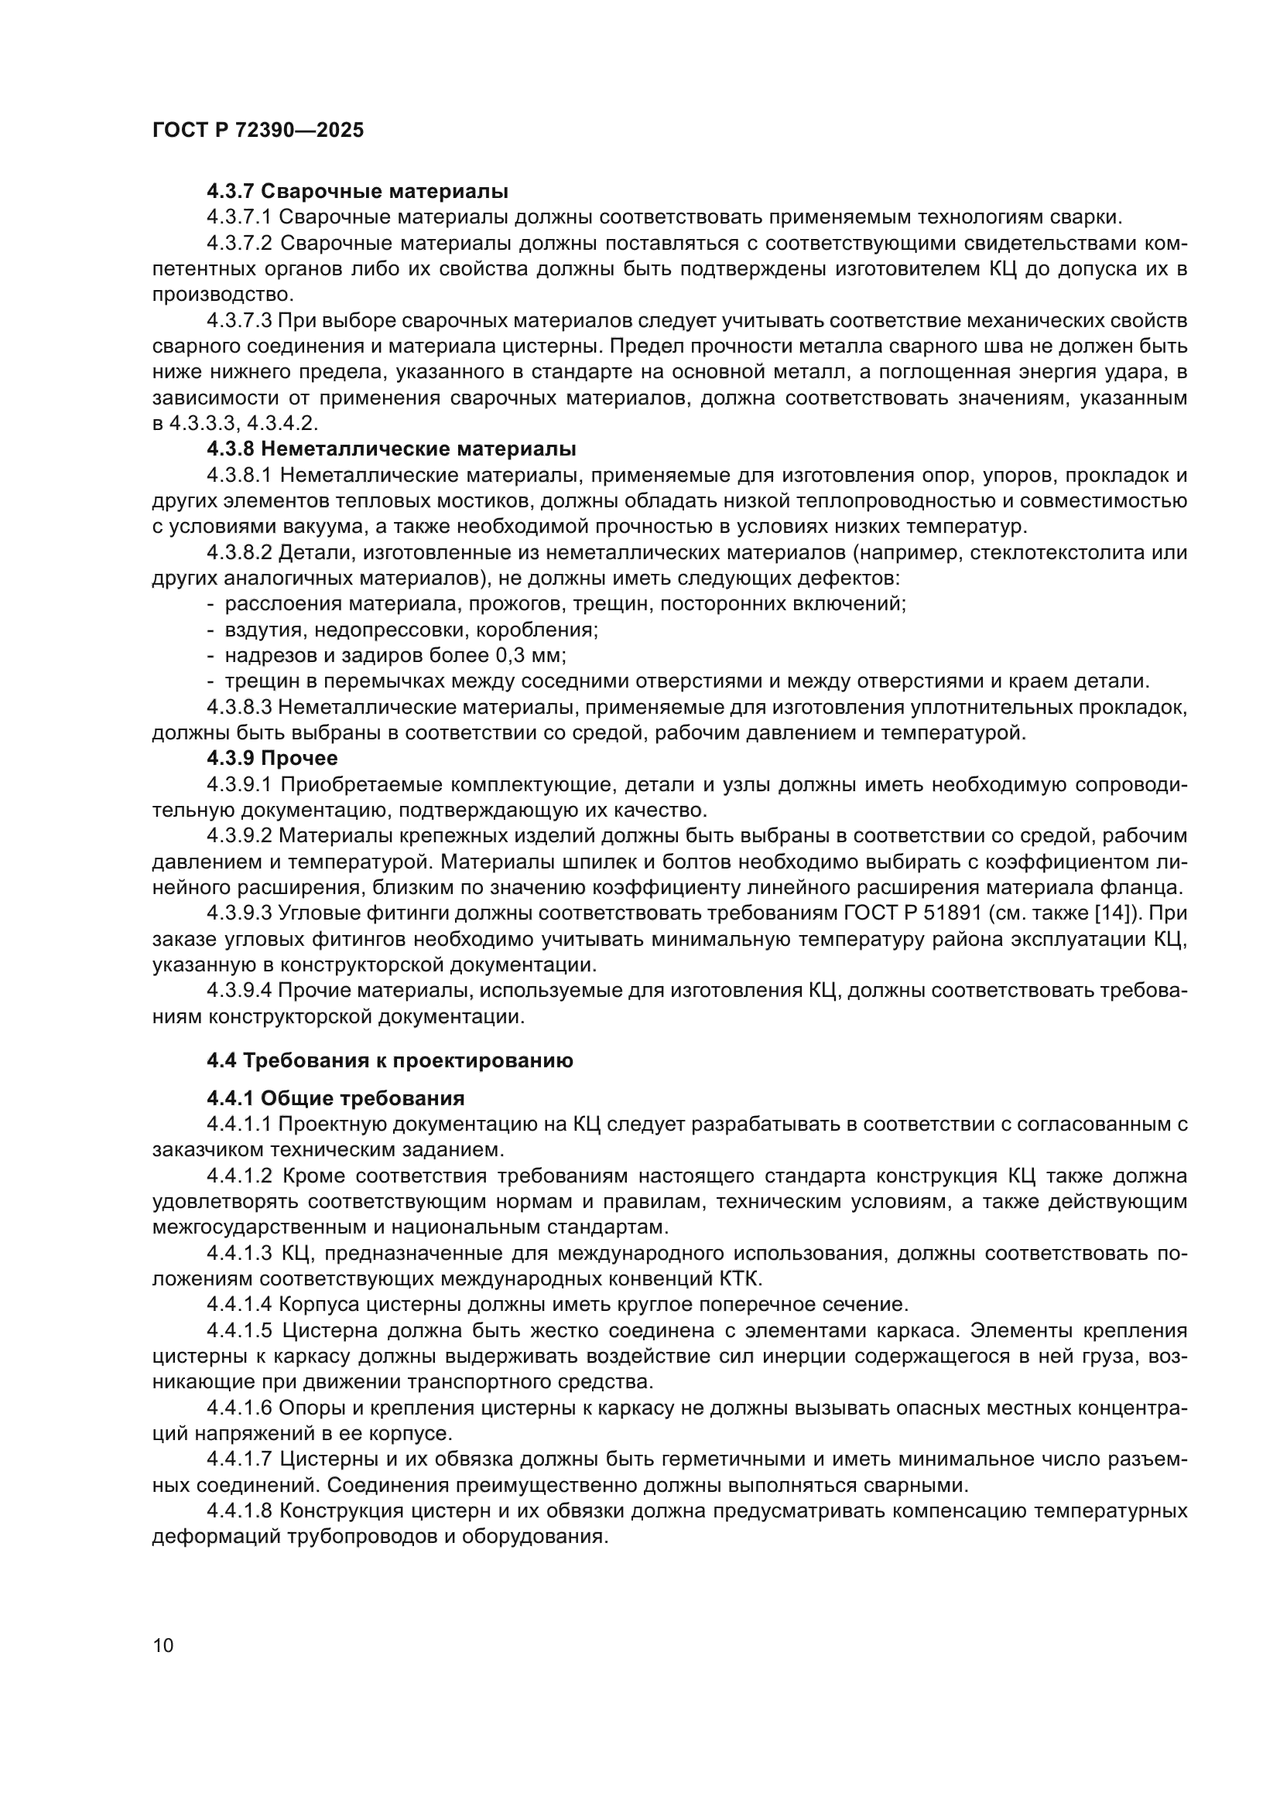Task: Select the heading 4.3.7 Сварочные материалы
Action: (357, 192)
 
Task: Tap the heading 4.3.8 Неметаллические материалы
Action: (391, 449)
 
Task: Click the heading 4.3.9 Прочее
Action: (272, 758)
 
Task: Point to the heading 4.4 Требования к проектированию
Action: (389, 1060)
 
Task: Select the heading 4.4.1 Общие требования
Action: (335, 1098)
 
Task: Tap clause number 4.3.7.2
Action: (240, 244)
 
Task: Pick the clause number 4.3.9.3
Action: (240, 913)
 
